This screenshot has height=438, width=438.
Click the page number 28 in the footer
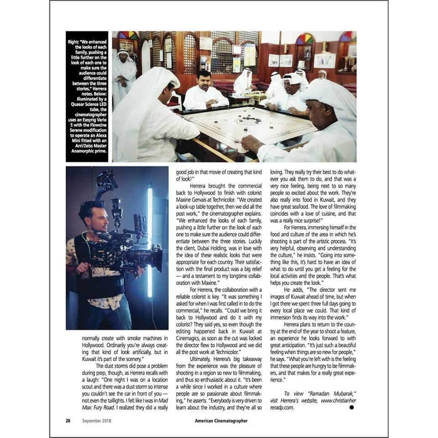click(68, 421)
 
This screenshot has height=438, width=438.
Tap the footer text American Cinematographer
click(218, 421)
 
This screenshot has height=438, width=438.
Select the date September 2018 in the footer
click(97, 421)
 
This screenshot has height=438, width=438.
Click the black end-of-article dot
click(351, 407)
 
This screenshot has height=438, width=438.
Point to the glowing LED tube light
click(150, 242)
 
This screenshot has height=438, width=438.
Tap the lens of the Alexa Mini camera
click(155, 258)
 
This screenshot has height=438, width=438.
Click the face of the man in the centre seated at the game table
click(204, 79)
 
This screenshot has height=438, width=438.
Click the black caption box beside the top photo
click(87, 96)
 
